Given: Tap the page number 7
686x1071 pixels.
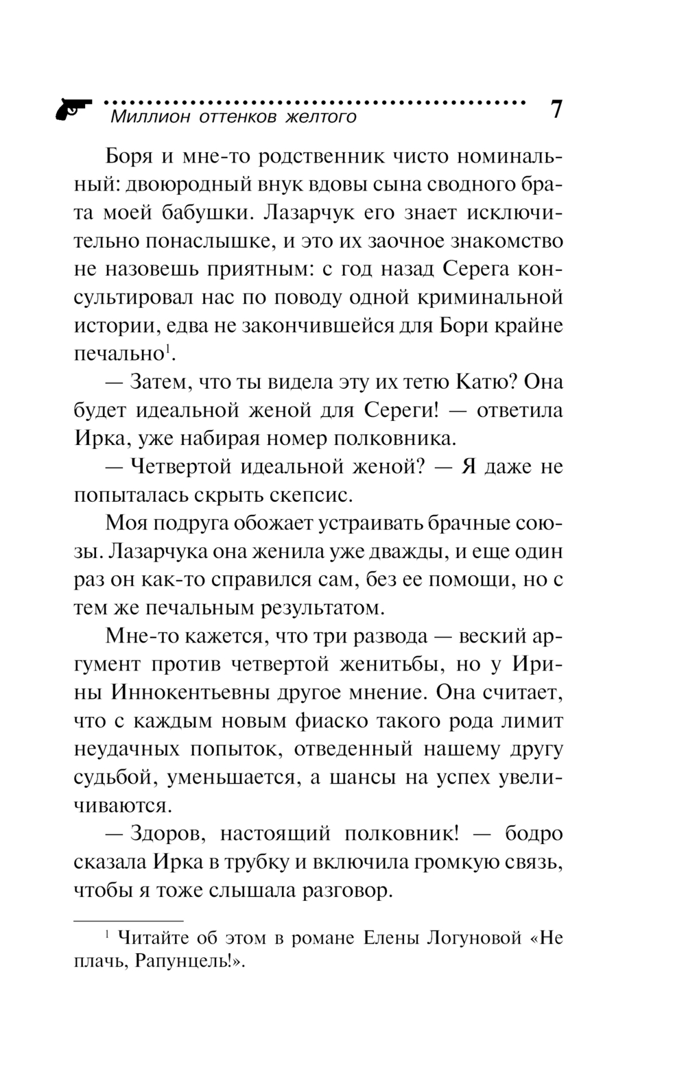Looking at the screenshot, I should pyautogui.click(x=556, y=109).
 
